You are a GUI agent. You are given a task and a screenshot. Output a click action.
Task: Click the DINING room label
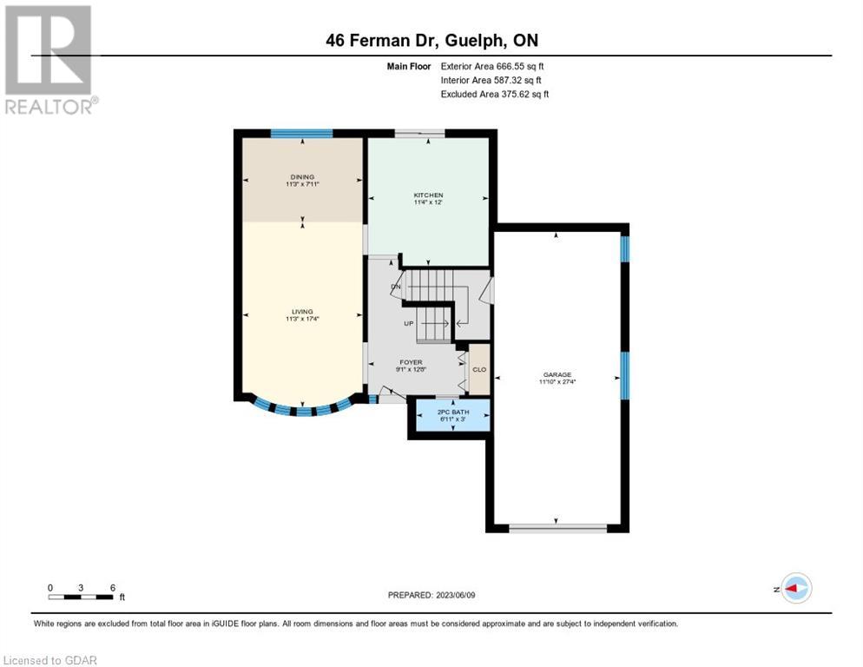[x=302, y=177]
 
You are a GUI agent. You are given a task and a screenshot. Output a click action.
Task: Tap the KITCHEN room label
[x=428, y=195]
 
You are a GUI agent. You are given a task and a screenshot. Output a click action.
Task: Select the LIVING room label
[x=302, y=311]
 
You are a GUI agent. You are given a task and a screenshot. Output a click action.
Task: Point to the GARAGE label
[x=557, y=374]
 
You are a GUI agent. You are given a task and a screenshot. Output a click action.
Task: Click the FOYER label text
[x=412, y=362]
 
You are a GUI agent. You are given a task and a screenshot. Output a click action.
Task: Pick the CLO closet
[x=479, y=369]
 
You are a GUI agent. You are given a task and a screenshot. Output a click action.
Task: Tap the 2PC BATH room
[x=453, y=415]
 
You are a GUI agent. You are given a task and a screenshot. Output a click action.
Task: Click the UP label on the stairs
[x=408, y=323]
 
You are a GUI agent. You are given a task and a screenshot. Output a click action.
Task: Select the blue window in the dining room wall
[x=301, y=133]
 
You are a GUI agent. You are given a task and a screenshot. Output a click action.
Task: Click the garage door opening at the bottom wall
[x=557, y=528]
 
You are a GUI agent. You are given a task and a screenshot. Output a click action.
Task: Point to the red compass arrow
[x=791, y=589]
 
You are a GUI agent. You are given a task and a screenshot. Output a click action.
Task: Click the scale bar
[x=81, y=597]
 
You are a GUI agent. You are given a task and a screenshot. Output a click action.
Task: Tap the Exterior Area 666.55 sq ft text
[x=492, y=66]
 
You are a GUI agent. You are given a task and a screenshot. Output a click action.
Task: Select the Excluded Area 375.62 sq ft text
[x=494, y=94]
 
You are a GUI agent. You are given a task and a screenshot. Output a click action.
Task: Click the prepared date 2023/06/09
[x=455, y=595]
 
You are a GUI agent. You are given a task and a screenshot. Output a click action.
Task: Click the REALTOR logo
[x=49, y=60]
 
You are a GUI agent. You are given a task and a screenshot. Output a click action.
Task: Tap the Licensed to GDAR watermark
[x=49, y=660]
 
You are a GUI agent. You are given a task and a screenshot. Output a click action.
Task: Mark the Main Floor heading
[x=408, y=66]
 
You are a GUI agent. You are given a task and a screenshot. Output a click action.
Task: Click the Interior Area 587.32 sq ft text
[x=491, y=81]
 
